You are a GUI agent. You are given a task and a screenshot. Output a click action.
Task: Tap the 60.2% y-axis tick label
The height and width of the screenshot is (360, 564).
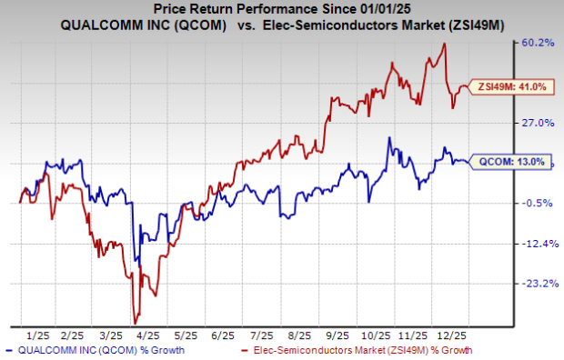[538, 43]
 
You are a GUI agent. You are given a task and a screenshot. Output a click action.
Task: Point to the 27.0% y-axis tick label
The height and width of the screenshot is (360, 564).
[538, 123]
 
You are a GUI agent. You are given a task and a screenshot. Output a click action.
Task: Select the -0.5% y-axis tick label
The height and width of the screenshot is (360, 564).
[538, 203]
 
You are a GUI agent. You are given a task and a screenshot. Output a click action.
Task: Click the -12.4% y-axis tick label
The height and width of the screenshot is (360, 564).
[538, 243]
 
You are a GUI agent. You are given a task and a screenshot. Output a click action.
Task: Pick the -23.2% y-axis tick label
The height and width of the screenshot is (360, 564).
[538, 283]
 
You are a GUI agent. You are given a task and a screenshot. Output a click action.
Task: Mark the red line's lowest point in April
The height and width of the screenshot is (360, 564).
[136, 323]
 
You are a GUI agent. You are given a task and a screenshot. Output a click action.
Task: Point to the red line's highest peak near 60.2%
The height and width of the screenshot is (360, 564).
[444, 43]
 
